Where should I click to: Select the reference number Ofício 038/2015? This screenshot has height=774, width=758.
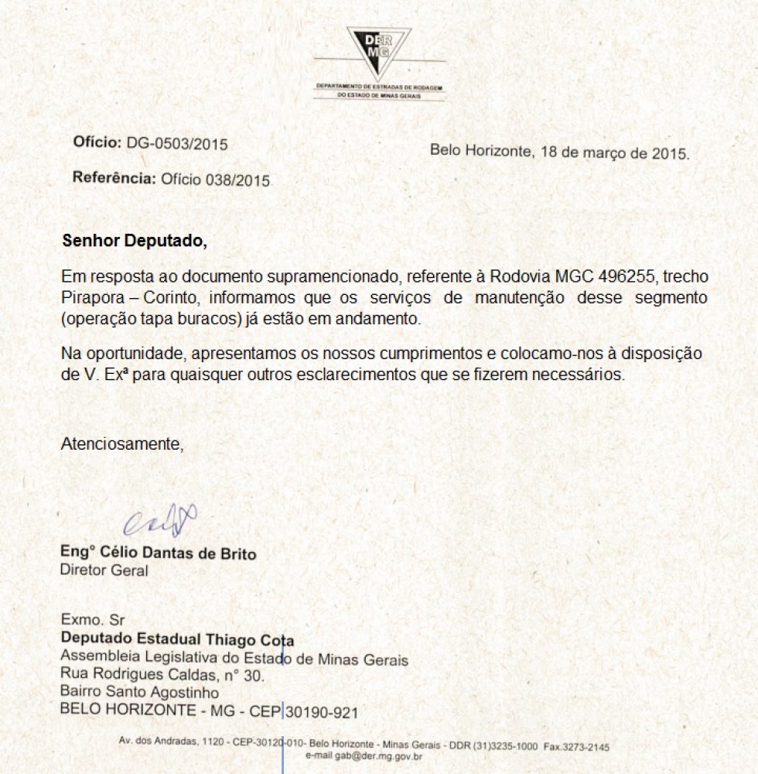[215, 180]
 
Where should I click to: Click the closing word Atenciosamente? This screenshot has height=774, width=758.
[122, 444]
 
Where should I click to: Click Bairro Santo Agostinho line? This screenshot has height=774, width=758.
[139, 693]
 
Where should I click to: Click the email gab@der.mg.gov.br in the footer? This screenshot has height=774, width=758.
[364, 756]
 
